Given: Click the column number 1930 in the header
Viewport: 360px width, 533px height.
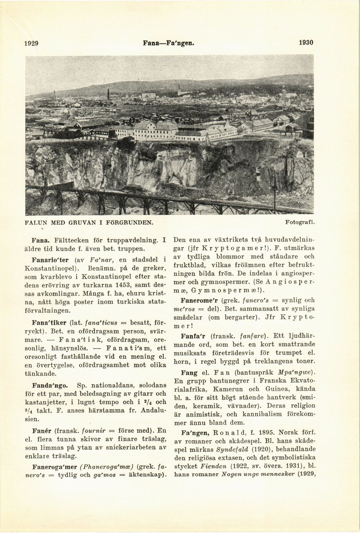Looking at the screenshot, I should click(306, 43).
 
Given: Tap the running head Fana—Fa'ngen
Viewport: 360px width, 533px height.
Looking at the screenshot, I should click(168, 43).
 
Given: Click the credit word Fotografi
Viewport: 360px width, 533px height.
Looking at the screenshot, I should click(300, 222).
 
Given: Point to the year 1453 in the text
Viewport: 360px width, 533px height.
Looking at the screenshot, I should click(124, 285).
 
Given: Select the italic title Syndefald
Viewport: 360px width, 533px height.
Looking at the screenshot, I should click(233, 449).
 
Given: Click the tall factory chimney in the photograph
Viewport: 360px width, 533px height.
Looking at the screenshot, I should click(108, 94).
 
